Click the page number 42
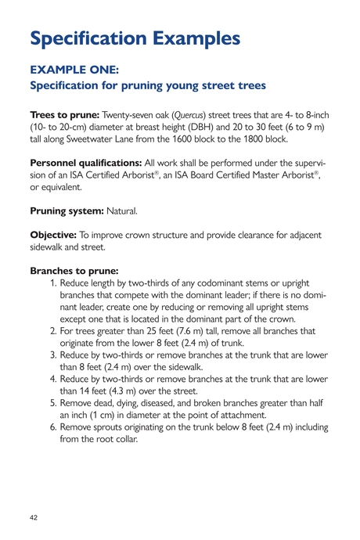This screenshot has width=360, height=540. [x=34, y=518]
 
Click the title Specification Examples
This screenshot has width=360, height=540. [x=135, y=38]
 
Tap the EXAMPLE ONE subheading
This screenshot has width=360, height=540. [x=74, y=70]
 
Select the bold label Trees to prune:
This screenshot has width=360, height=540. [x=63, y=115]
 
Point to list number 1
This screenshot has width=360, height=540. [x=52, y=283]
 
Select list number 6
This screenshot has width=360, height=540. [x=52, y=427]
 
